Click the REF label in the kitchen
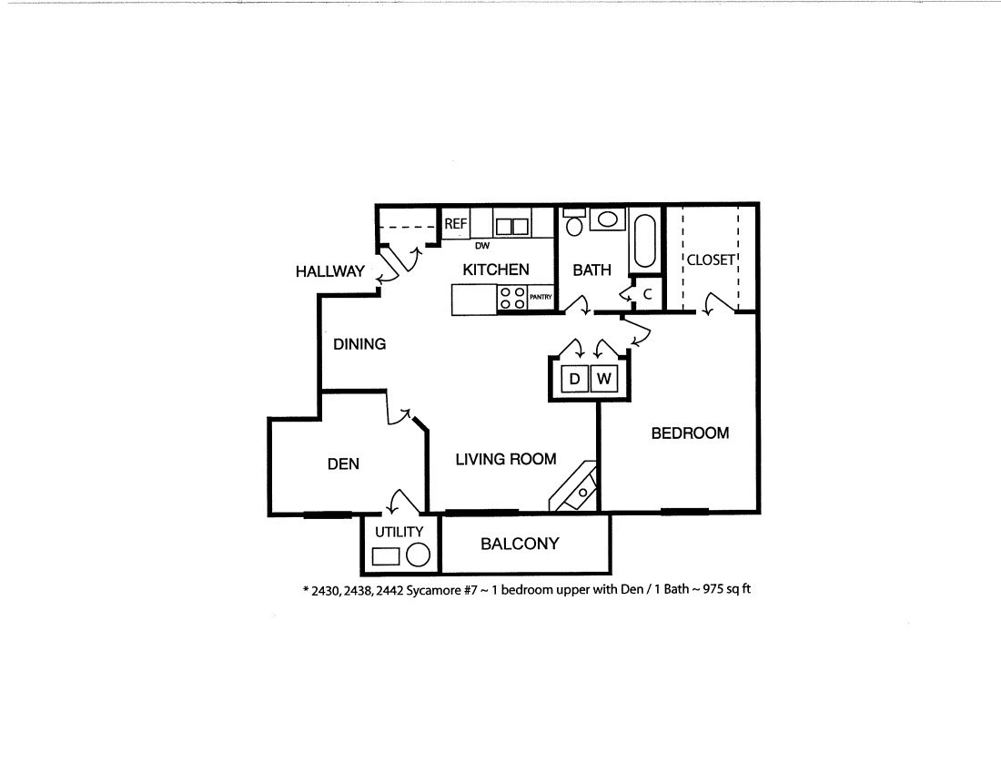[455, 223]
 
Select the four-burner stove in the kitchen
[511, 298]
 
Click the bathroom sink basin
[607, 219]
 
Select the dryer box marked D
[574, 378]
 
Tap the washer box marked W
[603, 378]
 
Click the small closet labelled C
[648, 294]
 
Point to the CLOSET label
[711, 260]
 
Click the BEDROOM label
[690, 433]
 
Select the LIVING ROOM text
[506, 459]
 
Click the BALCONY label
[520, 544]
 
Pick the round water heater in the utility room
[418, 555]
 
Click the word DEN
[343, 463]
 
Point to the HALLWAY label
[329, 271]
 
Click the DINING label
[359, 344]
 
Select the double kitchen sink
[511, 226]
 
